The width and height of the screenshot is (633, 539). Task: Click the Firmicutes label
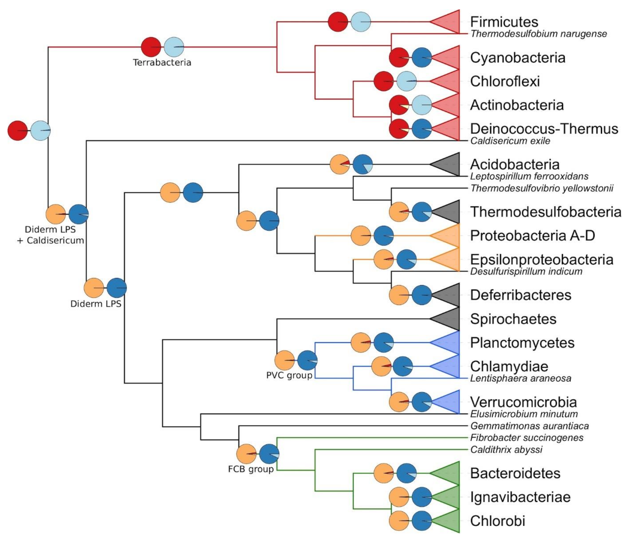504,22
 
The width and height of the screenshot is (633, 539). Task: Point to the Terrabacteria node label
162,63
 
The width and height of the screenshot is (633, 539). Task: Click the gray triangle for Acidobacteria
449,164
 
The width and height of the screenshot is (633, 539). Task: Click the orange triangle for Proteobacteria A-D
449,236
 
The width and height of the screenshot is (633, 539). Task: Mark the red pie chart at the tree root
17,131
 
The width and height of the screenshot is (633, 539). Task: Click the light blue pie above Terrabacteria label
174,47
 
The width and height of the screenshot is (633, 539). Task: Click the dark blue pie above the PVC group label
307,360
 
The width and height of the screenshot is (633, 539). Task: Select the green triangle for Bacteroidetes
449,473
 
